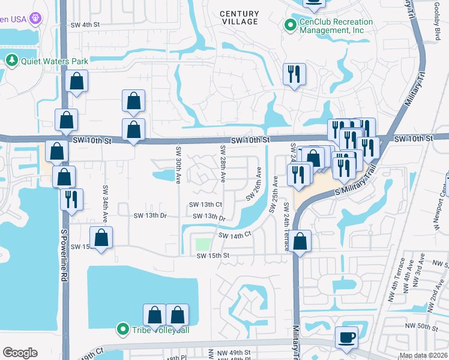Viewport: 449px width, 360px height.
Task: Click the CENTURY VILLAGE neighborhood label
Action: coord(239,17)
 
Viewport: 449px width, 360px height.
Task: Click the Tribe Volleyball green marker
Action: coord(123,329)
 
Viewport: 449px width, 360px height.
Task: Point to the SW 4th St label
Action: coord(83,25)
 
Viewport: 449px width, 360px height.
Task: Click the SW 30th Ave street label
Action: coord(178,164)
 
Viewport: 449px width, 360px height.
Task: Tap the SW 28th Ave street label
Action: coord(223,164)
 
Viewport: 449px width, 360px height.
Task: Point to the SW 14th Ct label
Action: coord(234,236)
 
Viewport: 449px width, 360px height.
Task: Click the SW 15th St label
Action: coord(213,256)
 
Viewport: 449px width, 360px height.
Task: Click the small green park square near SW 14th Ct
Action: coord(203,244)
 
